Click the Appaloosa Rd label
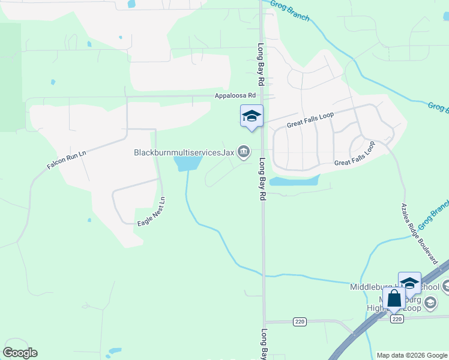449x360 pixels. coord(237,95)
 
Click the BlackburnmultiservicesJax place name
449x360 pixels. coord(184,152)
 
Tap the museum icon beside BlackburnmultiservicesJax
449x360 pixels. coord(244,152)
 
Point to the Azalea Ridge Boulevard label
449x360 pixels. coord(419,233)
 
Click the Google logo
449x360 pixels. coord(20,353)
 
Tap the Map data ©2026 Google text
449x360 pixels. coord(411,355)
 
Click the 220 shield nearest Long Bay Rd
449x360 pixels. coord(300,322)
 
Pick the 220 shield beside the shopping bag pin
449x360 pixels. coord(396,319)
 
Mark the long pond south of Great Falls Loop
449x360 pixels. coord(294,181)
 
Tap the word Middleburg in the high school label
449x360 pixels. coord(372,287)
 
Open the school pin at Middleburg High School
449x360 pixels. coord(409,283)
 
